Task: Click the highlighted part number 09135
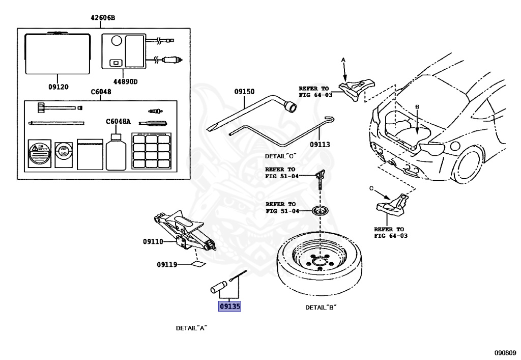229,307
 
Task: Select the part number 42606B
103,18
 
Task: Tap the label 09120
59,87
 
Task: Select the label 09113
320,145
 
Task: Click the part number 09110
153,241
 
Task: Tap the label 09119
167,264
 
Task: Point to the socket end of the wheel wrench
292,107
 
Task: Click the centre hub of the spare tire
320,263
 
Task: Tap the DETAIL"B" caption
321,307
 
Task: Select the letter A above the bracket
343,60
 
